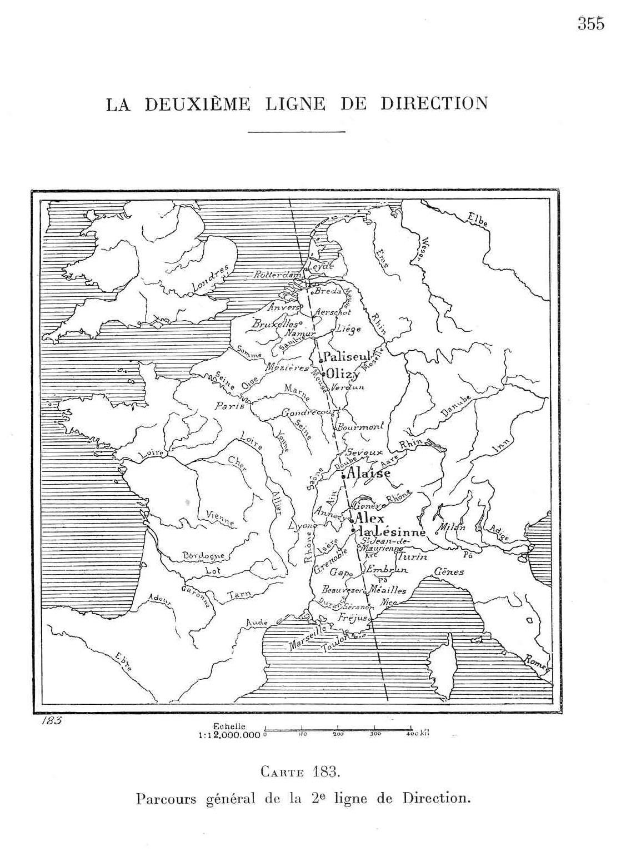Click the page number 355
click(x=590, y=24)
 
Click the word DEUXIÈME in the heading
click(x=198, y=104)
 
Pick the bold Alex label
click(x=369, y=517)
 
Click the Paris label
click(x=230, y=406)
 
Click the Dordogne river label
click(x=203, y=555)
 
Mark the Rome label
click(x=537, y=662)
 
